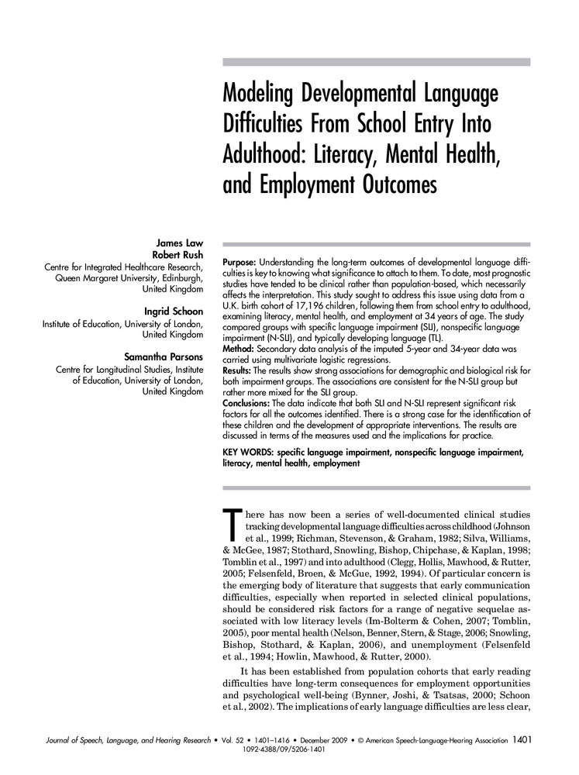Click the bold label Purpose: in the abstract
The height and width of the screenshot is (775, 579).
coord(243,264)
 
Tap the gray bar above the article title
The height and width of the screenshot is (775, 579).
coord(376,62)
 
